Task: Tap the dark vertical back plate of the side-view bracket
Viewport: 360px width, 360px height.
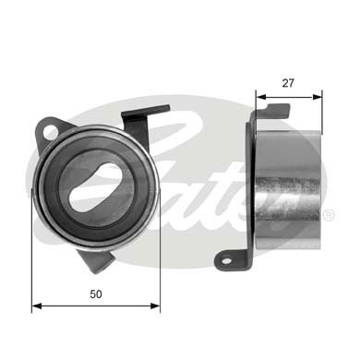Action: tap(252, 185)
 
